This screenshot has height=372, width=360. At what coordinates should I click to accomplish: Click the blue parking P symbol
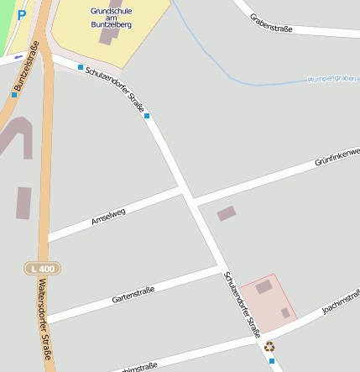pyautogui.click(x=22, y=13)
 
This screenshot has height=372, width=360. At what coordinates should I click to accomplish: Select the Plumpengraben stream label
pyautogui.click(x=333, y=79)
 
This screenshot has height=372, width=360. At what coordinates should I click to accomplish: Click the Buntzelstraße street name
pyautogui.click(x=27, y=67)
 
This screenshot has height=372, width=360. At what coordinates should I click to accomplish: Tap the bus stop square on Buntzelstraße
pyautogui.click(x=14, y=95)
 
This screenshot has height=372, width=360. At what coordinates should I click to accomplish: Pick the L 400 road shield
pyautogui.click(x=42, y=268)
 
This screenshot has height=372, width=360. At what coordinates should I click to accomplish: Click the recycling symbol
pyautogui.click(x=269, y=346)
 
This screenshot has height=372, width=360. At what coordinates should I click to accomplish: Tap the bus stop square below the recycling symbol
pyautogui.click(x=271, y=361)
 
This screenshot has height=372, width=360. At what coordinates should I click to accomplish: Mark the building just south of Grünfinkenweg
pyautogui.click(x=227, y=213)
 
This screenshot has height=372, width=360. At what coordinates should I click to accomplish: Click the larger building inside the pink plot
pyautogui.click(x=264, y=287)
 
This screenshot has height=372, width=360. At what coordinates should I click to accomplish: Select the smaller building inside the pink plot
pyautogui.click(x=285, y=312)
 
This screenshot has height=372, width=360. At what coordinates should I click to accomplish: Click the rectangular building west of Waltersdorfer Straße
pyautogui.click(x=23, y=202)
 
